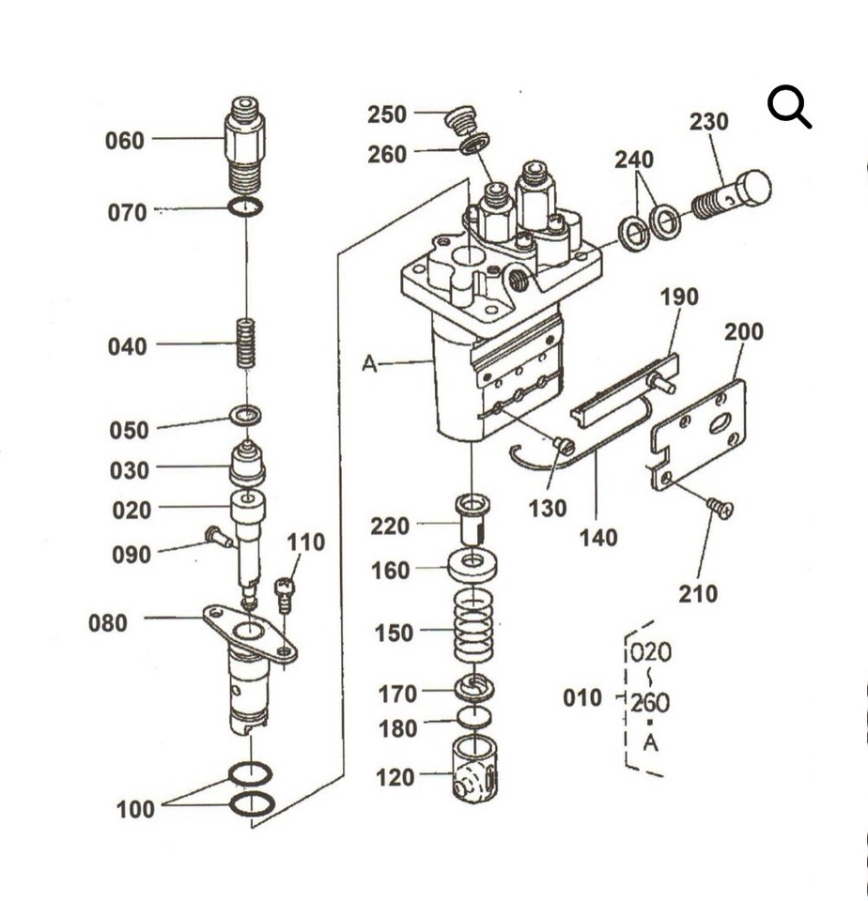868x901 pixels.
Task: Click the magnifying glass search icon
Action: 789,107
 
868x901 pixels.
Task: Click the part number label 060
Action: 125,141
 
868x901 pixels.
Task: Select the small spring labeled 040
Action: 246,344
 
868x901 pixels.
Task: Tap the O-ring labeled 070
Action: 246,206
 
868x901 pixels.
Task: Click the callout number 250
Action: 387,115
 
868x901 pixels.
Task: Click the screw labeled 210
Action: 721,508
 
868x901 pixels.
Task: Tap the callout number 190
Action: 679,298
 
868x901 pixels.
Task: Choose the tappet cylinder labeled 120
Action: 473,770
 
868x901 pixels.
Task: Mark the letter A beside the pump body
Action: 370,363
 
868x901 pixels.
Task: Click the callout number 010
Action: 582,698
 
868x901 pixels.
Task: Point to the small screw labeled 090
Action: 218,538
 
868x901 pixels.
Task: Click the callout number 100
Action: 136,809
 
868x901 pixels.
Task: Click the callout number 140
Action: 598,538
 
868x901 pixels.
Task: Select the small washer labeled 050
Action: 246,414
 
